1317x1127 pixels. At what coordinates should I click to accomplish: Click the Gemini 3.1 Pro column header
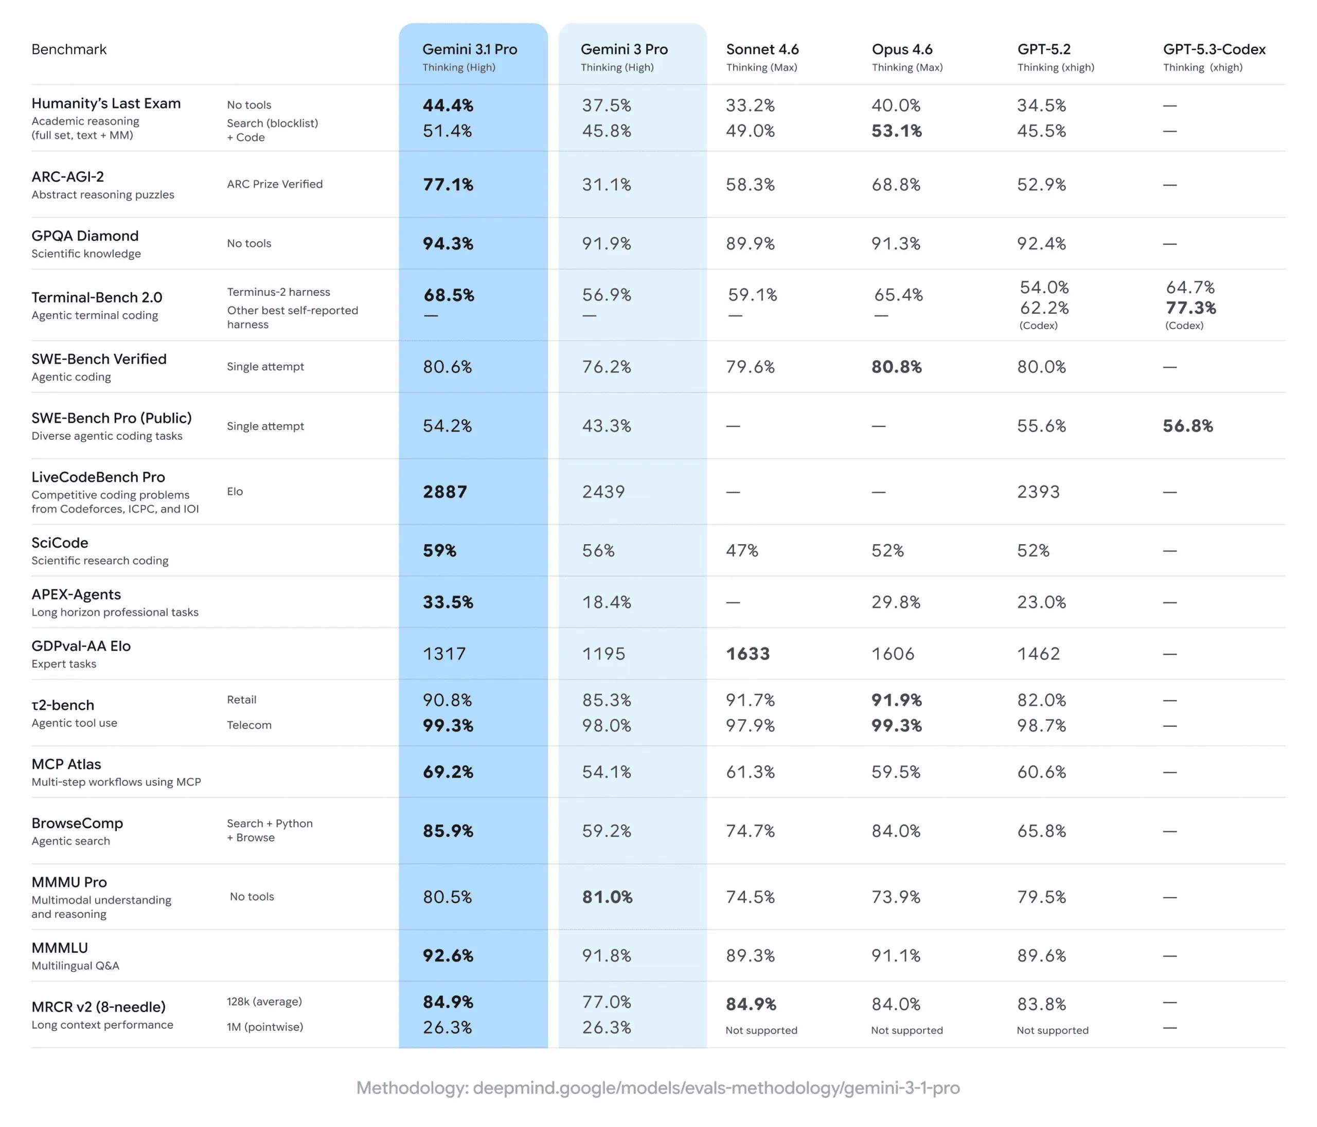click(470, 49)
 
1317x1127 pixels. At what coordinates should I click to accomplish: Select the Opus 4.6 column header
click(902, 49)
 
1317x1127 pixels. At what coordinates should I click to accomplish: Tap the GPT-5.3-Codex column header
click(1214, 49)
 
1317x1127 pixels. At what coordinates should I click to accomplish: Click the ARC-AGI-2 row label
click(68, 177)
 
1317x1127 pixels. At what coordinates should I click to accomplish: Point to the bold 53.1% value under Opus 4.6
click(896, 131)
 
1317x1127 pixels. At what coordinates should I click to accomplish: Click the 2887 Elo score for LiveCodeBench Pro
click(445, 491)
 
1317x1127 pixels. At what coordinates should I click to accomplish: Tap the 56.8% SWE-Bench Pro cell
click(1187, 426)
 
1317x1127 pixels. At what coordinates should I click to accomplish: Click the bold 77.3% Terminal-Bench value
click(1190, 308)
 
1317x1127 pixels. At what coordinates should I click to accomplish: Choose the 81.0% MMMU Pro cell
click(607, 897)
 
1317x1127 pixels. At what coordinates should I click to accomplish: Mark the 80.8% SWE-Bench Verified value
click(896, 367)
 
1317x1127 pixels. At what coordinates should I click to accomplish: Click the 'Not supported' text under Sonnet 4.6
click(761, 1030)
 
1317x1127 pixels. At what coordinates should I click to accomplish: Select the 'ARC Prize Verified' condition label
click(275, 184)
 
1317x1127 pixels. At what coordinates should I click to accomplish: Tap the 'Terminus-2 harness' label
click(278, 292)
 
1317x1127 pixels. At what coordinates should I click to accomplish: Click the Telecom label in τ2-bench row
click(249, 725)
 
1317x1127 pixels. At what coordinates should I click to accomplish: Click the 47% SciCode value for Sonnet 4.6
click(742, 550)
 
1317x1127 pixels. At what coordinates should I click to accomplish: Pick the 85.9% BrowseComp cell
click(448, 831)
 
